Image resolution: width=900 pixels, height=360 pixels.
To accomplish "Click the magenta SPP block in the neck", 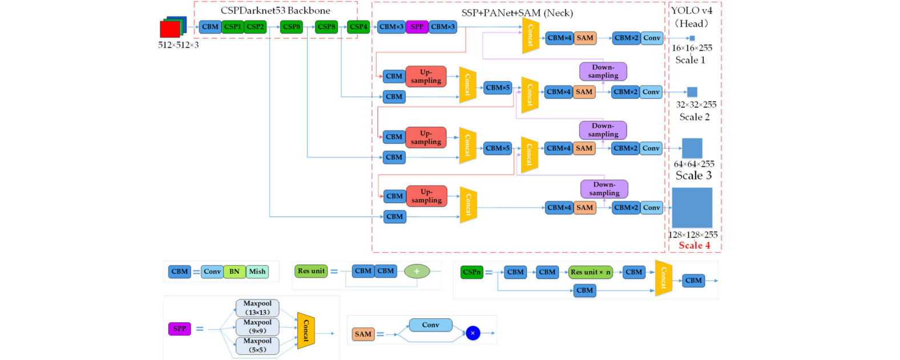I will point(417,27).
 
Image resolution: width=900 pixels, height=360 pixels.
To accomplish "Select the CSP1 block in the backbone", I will point(232,27).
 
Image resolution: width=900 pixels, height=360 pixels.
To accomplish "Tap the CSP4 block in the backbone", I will point(358,27).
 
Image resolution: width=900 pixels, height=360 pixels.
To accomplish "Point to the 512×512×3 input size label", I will point(178,45).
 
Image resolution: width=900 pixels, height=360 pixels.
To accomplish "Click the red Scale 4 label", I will point(694,245).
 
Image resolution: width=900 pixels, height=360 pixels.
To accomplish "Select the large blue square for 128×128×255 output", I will point(692,208).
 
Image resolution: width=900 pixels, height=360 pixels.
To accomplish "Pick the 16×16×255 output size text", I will point(692,48).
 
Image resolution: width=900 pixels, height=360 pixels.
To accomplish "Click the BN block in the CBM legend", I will point(235,272).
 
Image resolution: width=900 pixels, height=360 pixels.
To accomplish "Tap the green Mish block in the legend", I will point(257,272).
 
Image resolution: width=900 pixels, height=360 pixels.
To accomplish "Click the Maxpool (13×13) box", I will point(257,308).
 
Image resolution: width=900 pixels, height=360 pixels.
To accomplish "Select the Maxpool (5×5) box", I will point(257,346).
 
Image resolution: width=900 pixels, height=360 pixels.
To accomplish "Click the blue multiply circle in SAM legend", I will point(473,333).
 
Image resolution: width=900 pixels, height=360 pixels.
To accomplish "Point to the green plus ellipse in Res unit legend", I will point(417,272).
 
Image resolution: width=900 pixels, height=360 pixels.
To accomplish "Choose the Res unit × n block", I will point(590,272).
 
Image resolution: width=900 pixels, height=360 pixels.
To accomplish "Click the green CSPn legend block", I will point(471,272).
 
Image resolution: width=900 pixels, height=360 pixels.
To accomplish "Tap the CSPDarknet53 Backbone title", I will point(275,10).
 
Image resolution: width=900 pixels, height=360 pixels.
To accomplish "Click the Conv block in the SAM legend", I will point(430,325).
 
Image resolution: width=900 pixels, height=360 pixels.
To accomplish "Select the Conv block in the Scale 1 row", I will point(651,38).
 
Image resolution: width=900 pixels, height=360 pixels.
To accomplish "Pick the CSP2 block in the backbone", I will point(255,27).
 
